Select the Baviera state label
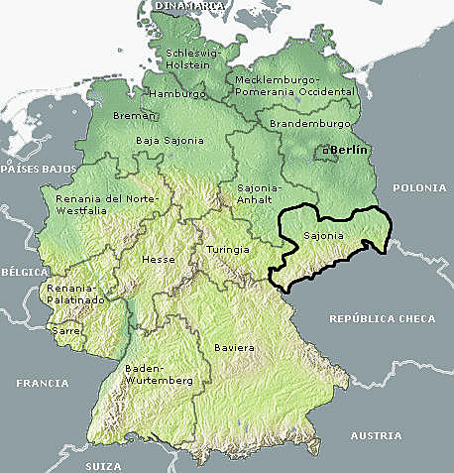(234, 348)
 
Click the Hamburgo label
(176, 93)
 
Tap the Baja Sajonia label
(170, 140)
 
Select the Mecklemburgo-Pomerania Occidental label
(294, 84)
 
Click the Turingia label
(228, 249)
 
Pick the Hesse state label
(159, 258)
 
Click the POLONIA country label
(420, 187)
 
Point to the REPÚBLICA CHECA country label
(381, 319)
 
